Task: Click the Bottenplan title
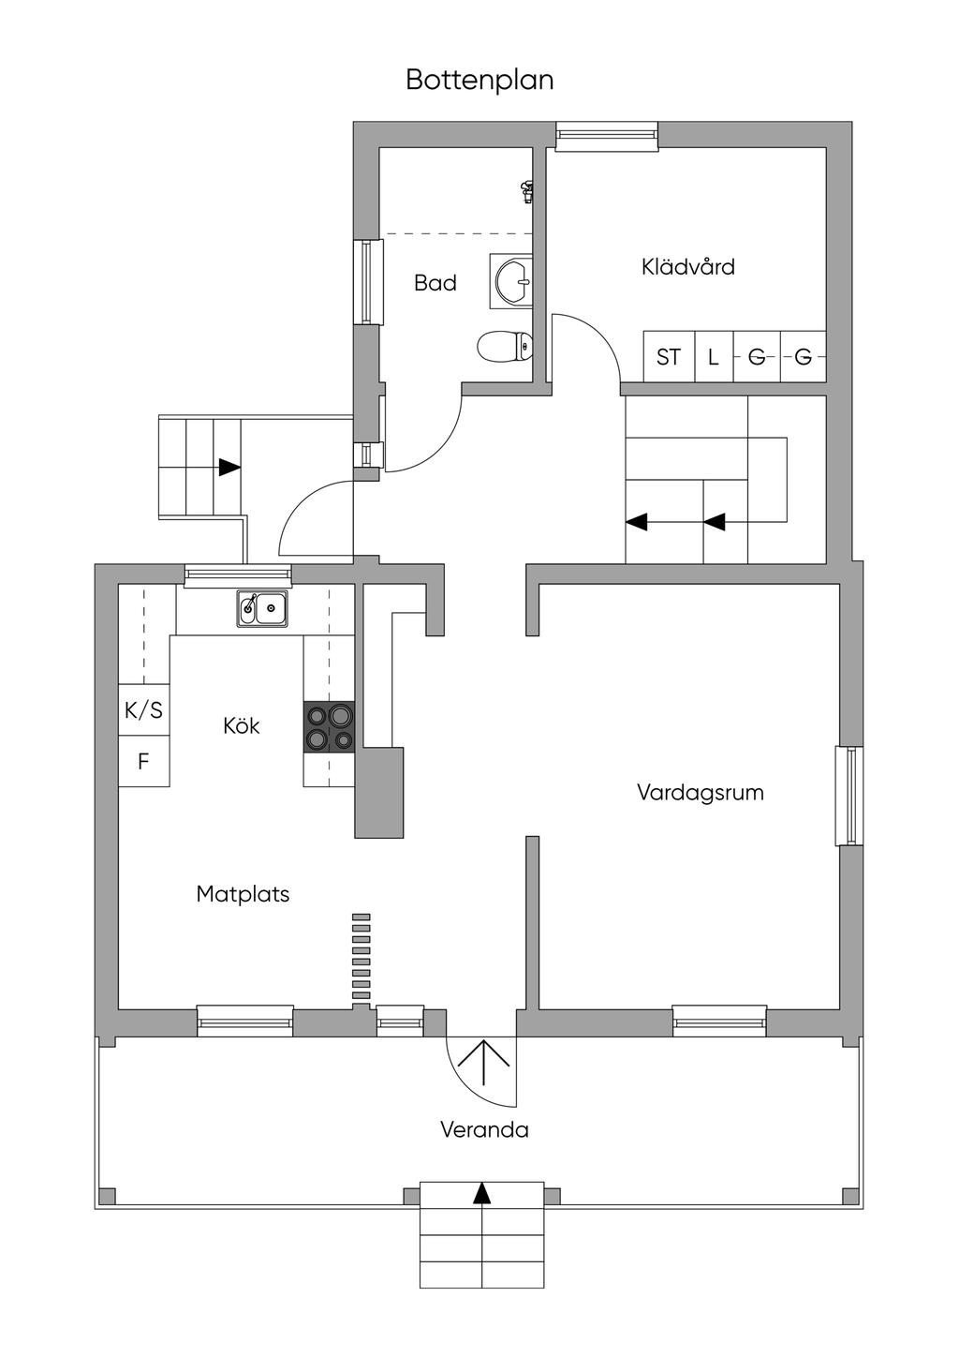(479, 81)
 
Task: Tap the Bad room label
(435, 282)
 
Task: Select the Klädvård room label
(688, 267)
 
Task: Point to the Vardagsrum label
(701, 793)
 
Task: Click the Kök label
(242, 725)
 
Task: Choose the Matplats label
(243, 894)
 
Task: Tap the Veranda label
(484, 1130)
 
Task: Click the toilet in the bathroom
(504, 347)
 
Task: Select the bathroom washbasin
(512, 280)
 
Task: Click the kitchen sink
(262, 608)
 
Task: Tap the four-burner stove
(329, 727)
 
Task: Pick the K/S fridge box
(143, 710)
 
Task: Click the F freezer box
(143, 762)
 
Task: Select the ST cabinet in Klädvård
(669, 357)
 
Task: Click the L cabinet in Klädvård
(714, 357)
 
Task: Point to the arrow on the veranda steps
(481, 1192)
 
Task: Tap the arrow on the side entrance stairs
(229, 466)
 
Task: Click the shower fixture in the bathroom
(527, 191)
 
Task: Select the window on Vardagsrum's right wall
(848, 796)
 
